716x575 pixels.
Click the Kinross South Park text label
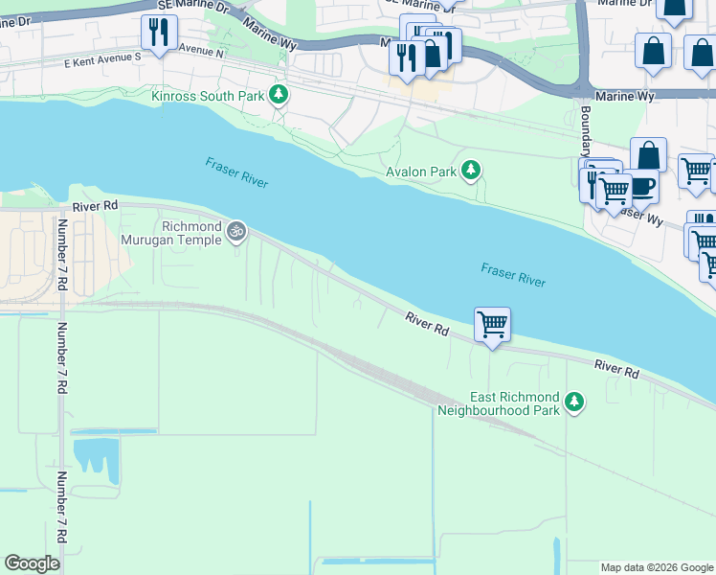(207, 95)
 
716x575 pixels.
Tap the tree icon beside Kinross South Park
(279, 94)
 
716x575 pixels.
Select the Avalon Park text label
(420, 172)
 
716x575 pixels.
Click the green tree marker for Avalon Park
(471, 171)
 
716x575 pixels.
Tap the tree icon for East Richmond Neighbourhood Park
(574, 402)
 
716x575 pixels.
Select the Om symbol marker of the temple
(236, 231)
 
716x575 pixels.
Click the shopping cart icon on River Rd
(492, 325)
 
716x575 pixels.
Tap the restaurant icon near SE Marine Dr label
(158, 33)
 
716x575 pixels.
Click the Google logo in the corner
(32, 563)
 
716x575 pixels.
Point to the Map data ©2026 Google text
(656, 567)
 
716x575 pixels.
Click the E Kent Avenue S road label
(103, 57)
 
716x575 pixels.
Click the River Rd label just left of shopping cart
(427, 323)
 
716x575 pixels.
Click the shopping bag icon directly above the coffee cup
(648, 154)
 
